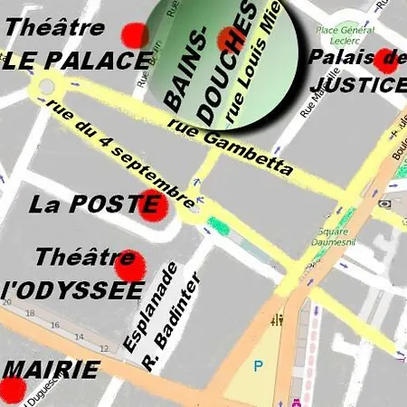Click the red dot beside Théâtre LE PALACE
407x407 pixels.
pos(135,35)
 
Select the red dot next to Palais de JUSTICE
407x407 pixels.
pos(385,60)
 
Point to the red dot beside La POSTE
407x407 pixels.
pos(153,207)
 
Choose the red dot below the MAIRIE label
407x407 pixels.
pos(12,391)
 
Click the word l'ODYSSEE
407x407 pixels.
pos(72,290)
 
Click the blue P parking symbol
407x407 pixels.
pos(259,366)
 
